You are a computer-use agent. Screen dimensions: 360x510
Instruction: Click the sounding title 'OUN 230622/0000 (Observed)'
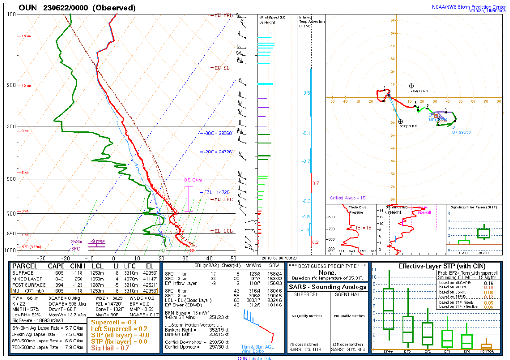(x=77, y=8)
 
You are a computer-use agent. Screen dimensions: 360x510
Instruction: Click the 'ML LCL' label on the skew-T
(x=221, y=231)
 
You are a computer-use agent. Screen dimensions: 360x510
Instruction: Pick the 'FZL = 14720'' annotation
(x=217, y=192)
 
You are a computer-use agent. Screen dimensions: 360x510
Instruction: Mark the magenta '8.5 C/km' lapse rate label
(x=193, y=180)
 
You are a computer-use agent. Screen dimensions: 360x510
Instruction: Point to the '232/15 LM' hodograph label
(x=419, y=90)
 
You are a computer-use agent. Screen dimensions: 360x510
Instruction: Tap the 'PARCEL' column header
(x=25, y=266)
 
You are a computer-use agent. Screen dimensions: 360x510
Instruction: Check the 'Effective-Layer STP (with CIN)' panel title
(x=435, y=266)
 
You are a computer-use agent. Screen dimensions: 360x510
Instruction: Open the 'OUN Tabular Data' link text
(x=254, y=358)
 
